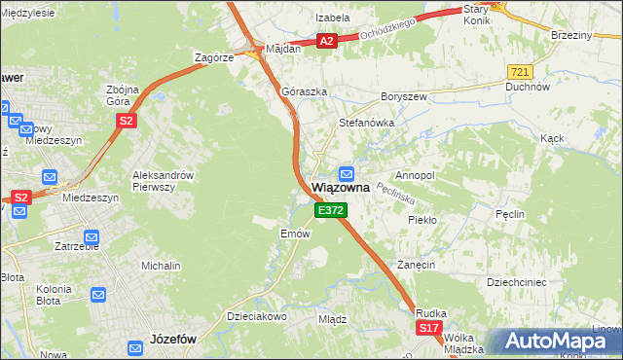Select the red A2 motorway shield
click(x=326, y=41)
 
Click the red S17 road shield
click(x=429, y=329)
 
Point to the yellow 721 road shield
click(x=520, y=72)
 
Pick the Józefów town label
click(x=175, y=340)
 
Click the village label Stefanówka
click(x=365, y=123)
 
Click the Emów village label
click(x=295, y=234)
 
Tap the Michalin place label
click(x=161, y=266)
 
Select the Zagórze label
click(x=214, y=57)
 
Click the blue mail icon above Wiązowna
click(x=346, y=172)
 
